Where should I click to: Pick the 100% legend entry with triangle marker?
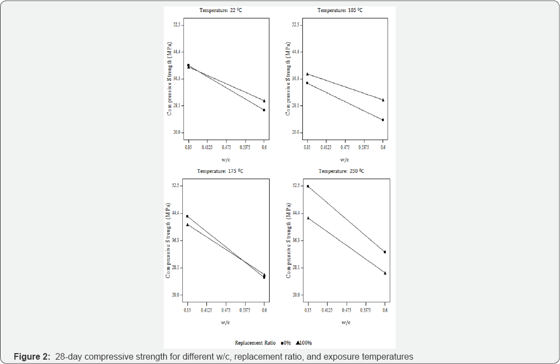pyautogui.click(x=303, y=343)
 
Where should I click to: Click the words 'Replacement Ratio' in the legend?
pyautogui.click(x=255, y=343)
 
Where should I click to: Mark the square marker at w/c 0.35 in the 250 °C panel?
pyautogui.click(x=308, y=187)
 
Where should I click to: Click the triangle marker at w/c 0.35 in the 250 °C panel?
pyautogui.click(x=308, y=218)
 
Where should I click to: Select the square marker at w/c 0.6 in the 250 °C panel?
pyautogui.click(x=385, y=252)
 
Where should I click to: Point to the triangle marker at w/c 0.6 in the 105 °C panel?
pyautogui.click(x=383, y=100)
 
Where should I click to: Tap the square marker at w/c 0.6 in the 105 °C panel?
pyautogui.click(x=383, y=120)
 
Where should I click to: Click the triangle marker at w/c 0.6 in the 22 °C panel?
pyautogui.click(x=264, y=100)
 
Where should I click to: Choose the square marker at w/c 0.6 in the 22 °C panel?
pyautogui.click(x=264, y=110)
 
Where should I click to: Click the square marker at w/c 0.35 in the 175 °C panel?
pyautogui.click(x=187, y=217)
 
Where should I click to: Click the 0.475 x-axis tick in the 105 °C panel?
pyautogui.click(x=345, y=147)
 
